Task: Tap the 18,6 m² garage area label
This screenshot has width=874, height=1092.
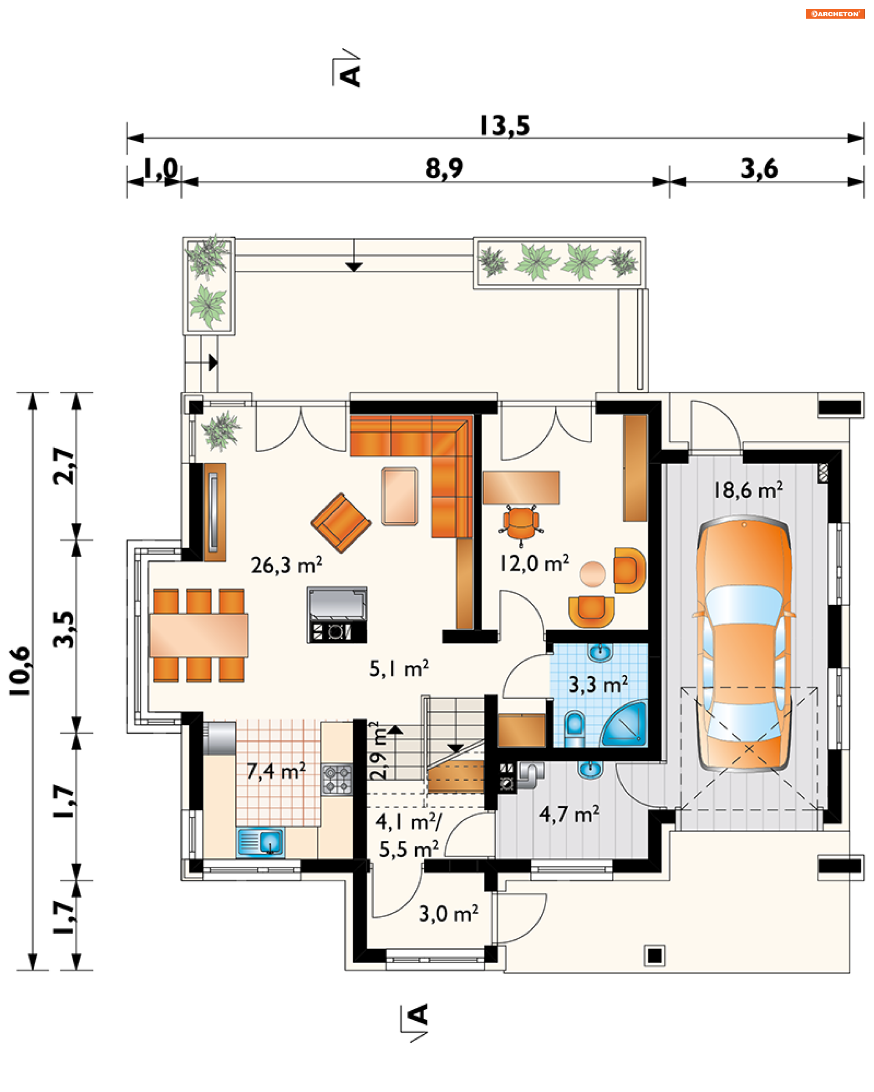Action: coord(748,490)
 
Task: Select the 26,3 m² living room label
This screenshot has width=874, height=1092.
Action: coord(286,565)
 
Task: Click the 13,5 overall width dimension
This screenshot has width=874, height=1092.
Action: coord(505,126)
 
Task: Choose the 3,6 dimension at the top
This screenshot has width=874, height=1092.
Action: coord(758,169)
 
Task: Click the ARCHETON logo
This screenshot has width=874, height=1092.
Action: coord(834,14)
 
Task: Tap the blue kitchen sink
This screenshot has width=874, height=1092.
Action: coord(260,842)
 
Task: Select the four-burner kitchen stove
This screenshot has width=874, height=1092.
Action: coord(337,779)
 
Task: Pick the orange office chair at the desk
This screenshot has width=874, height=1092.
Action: coord(521,525)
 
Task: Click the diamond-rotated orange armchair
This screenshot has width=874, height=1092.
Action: coord(341,523)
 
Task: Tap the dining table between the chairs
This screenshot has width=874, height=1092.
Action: coord(198,635)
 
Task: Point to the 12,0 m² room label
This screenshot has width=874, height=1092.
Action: coord(534,563)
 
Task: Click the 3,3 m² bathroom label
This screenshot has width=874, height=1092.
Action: coord(598,684)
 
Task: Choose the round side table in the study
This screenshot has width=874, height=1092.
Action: coord(592,574)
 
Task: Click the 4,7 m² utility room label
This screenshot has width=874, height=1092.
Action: coord(569,814)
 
